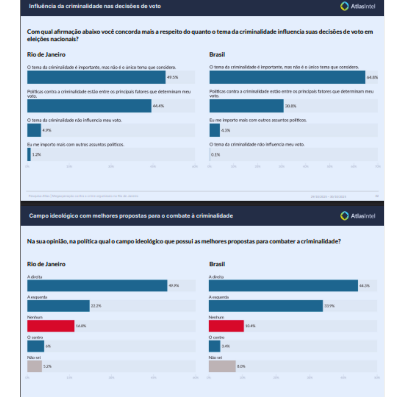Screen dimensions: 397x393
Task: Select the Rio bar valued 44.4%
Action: (x=89, y=106)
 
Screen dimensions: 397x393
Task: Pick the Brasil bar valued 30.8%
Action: (x=246, y=106)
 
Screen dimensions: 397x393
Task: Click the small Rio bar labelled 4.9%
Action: (x=34, y=130)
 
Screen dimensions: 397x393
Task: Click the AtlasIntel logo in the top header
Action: (x=357, y=6)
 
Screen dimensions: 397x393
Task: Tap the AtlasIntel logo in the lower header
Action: (x=357, y=216)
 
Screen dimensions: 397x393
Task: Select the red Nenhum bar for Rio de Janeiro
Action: (x=51, y=326)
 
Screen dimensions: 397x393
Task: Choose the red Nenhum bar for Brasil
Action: (x=226, y=326)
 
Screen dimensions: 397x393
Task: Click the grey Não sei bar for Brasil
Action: (x=222, y=366)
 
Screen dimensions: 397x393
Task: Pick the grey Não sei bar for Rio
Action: (x=35, y=366)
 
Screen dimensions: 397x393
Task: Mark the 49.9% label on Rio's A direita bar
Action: (x=174, y=286)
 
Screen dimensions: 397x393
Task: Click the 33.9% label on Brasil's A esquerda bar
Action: (x=329, y=306)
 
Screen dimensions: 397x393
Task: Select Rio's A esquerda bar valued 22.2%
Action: (x=58, y=306)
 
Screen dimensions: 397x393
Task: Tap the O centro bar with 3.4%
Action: (x=214, y=346)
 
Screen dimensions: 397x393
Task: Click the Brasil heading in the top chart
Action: (x=217, y=55)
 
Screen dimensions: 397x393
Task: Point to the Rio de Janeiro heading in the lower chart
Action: (x=46, y=264)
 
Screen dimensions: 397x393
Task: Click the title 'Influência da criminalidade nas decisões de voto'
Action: (x=95, y=6)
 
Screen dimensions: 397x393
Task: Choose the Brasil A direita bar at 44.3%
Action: (x=283, y=286)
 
